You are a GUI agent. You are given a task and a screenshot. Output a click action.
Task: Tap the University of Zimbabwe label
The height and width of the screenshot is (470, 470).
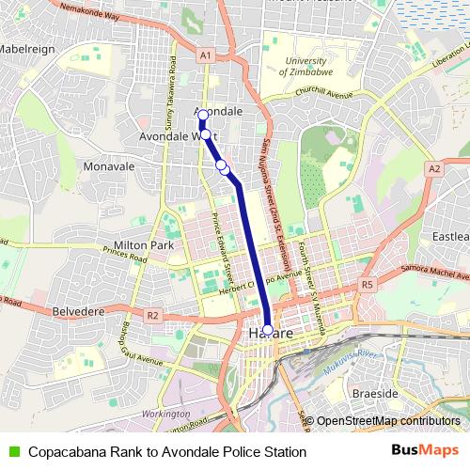298,66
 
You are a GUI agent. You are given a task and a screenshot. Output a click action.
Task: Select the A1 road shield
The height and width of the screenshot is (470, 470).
205,57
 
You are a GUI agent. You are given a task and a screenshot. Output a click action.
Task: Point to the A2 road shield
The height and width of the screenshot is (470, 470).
433,168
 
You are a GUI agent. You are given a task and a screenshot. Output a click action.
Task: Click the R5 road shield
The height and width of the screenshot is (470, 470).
367,284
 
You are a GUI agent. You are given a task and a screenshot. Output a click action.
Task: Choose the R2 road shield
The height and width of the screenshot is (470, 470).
152,316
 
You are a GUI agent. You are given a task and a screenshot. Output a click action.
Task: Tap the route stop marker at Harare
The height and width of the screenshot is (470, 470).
268,330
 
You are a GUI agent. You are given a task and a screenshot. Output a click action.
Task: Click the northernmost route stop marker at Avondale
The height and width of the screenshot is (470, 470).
202,116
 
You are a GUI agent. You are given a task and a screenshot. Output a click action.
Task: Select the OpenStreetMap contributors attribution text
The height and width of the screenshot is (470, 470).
386,421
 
